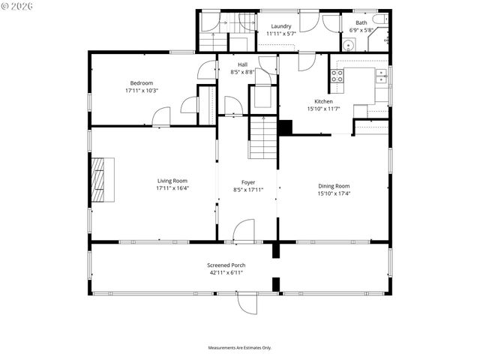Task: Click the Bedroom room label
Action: tap(142, 82)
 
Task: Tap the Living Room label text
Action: tap(172, 181)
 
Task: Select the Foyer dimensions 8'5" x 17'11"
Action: tap(248, 190)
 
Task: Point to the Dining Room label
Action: tap(334, 186)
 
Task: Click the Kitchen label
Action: tap(323, 101)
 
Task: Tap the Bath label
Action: tap(361, 23)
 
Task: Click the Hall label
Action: tap(242, 64)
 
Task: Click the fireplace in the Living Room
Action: tap(102, 181)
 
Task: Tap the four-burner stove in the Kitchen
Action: tap(337, 75)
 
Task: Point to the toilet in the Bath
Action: tap(380, 19)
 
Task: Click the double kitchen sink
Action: tap(382, 74)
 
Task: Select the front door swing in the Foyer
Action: tap(244, 231)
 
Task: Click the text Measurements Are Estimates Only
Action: tap(240, 348)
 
